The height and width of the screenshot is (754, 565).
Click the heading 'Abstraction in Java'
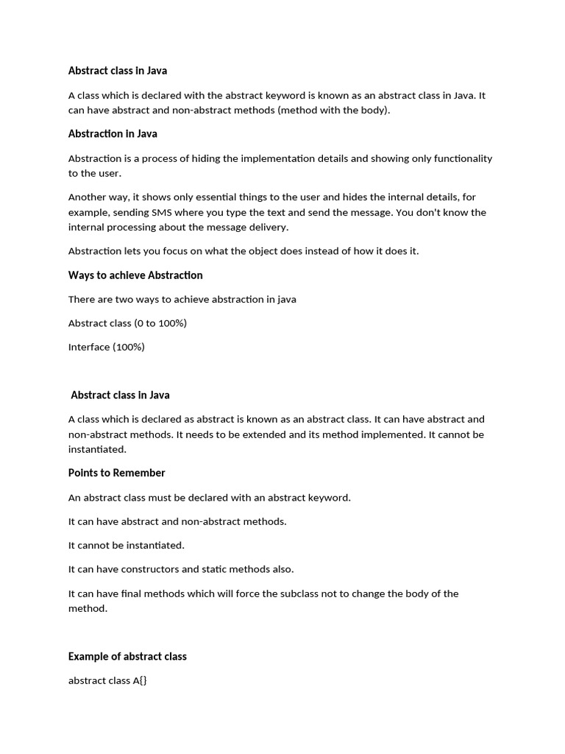(x=113, y=134)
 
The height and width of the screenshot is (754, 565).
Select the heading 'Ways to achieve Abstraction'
(x=135, y=275)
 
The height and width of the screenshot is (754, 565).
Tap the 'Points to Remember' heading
(x=116, y=473)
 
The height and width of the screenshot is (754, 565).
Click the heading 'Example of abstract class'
(x=127, y=656)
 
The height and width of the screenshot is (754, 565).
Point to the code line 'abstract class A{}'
(x=107, y=680)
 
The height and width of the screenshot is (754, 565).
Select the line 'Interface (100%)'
(x=106, y=347)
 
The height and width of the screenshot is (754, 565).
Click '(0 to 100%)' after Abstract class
(x=160, y=323)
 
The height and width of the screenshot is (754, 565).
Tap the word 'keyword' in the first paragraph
(x=288, y=96)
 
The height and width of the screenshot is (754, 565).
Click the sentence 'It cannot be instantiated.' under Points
(x=126, y=546)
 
